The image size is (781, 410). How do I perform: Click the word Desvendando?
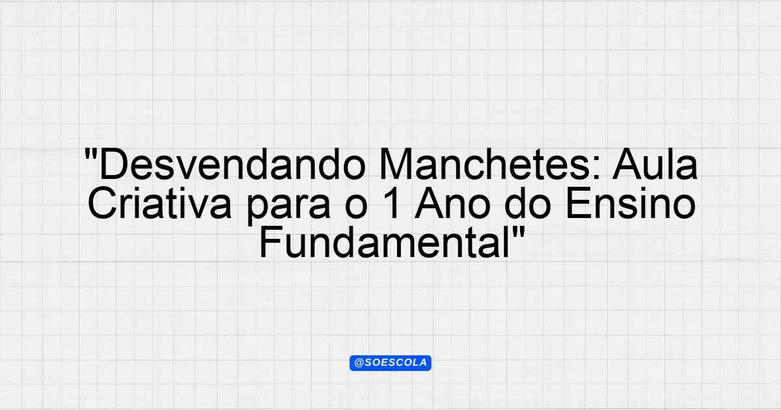(232, 164)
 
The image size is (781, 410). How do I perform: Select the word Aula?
(655, 164)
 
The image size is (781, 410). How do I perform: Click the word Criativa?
(159, 203)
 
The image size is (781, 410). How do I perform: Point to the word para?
(288, 207)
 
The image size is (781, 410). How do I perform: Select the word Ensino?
(631, 203)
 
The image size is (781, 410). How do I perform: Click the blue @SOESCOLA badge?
(390, 363)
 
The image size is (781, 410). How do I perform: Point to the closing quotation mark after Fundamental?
(519, 233)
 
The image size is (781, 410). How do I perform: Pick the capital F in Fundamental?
(271, 242)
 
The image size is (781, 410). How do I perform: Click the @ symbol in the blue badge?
(359, 363)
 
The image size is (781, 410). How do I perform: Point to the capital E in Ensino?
(579, 203)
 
